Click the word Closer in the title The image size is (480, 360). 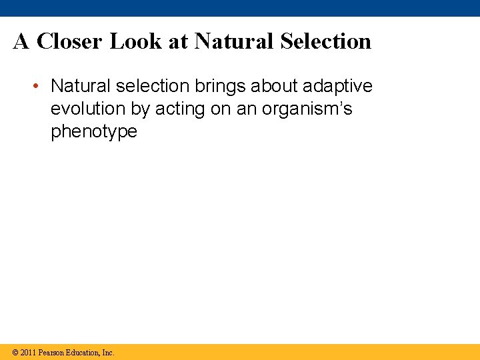(71, 41)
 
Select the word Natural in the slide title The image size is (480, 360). (234, 41)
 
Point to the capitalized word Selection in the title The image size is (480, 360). (325, 41)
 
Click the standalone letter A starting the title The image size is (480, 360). (21, 41)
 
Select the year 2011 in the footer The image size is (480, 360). (27, 352)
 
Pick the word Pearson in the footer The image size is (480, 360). (51, 352)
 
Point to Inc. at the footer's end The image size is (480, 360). (107, 352)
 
